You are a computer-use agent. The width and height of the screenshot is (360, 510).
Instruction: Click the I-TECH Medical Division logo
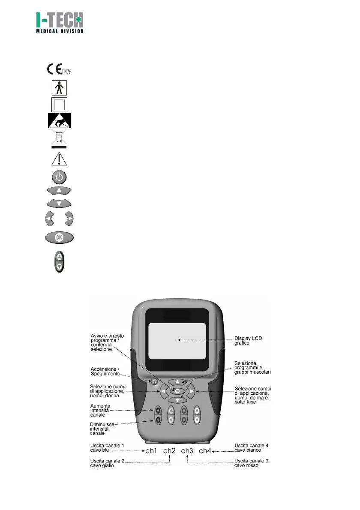(59, 23)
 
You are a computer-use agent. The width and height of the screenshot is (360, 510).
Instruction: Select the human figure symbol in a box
(58, 88)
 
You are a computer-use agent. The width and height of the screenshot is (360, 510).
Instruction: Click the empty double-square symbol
(58, 105)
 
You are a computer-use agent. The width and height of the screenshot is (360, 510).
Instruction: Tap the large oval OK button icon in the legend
(59, 237)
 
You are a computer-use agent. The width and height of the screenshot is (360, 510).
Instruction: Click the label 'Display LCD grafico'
(248, 341)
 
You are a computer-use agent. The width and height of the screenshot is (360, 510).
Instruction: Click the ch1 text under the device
(152, 451)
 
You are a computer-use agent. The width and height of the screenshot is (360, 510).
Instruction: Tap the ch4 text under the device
(205, 451)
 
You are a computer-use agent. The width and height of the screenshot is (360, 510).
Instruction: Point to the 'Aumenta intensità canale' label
(101, 410)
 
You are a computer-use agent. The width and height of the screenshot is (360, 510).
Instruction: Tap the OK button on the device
(177, 391)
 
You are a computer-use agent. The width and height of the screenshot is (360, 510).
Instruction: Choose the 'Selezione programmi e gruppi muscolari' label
(252, 368)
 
